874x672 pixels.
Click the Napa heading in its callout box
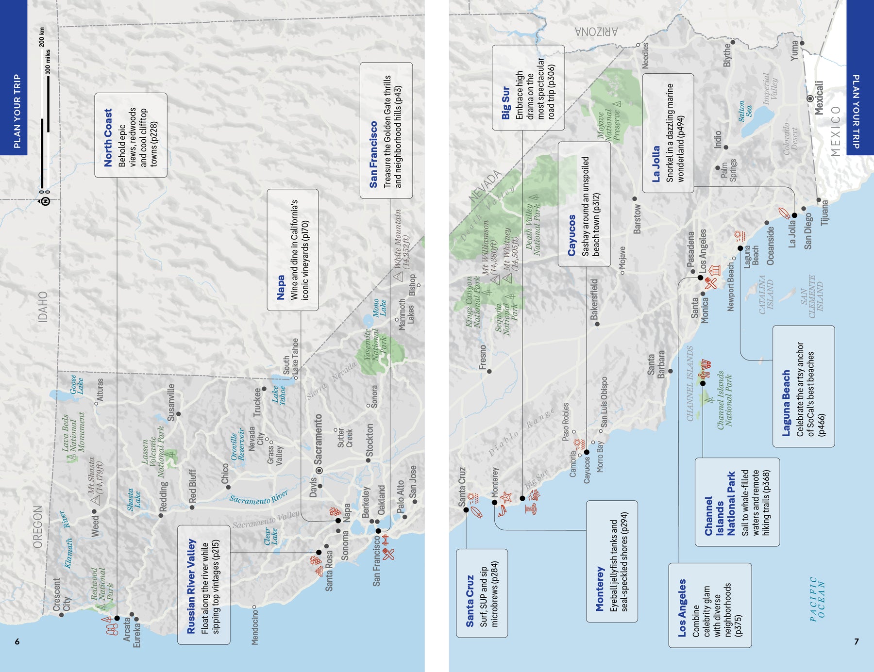coord(281,288)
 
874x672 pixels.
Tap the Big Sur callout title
coord(505,102)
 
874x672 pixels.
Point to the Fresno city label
coord(482,357)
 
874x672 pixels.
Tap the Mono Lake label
coord(379,308)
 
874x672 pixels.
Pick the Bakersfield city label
coord(594,299)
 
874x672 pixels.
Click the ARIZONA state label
coord(596,33)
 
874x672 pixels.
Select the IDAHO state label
coord(43,307)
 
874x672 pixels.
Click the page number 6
coord(17,641)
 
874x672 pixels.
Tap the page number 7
coord(857,641)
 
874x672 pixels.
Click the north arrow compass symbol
coord(45,201)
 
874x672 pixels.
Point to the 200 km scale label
coord(42,37)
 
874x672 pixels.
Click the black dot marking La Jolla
coord(794,215)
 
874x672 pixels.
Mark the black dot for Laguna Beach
coord(740,248)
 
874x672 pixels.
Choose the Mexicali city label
coord(819,98)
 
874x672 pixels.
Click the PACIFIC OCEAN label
coord(817,599)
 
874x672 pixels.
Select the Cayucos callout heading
coord(571,235)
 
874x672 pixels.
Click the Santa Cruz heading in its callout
coord(470,601)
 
